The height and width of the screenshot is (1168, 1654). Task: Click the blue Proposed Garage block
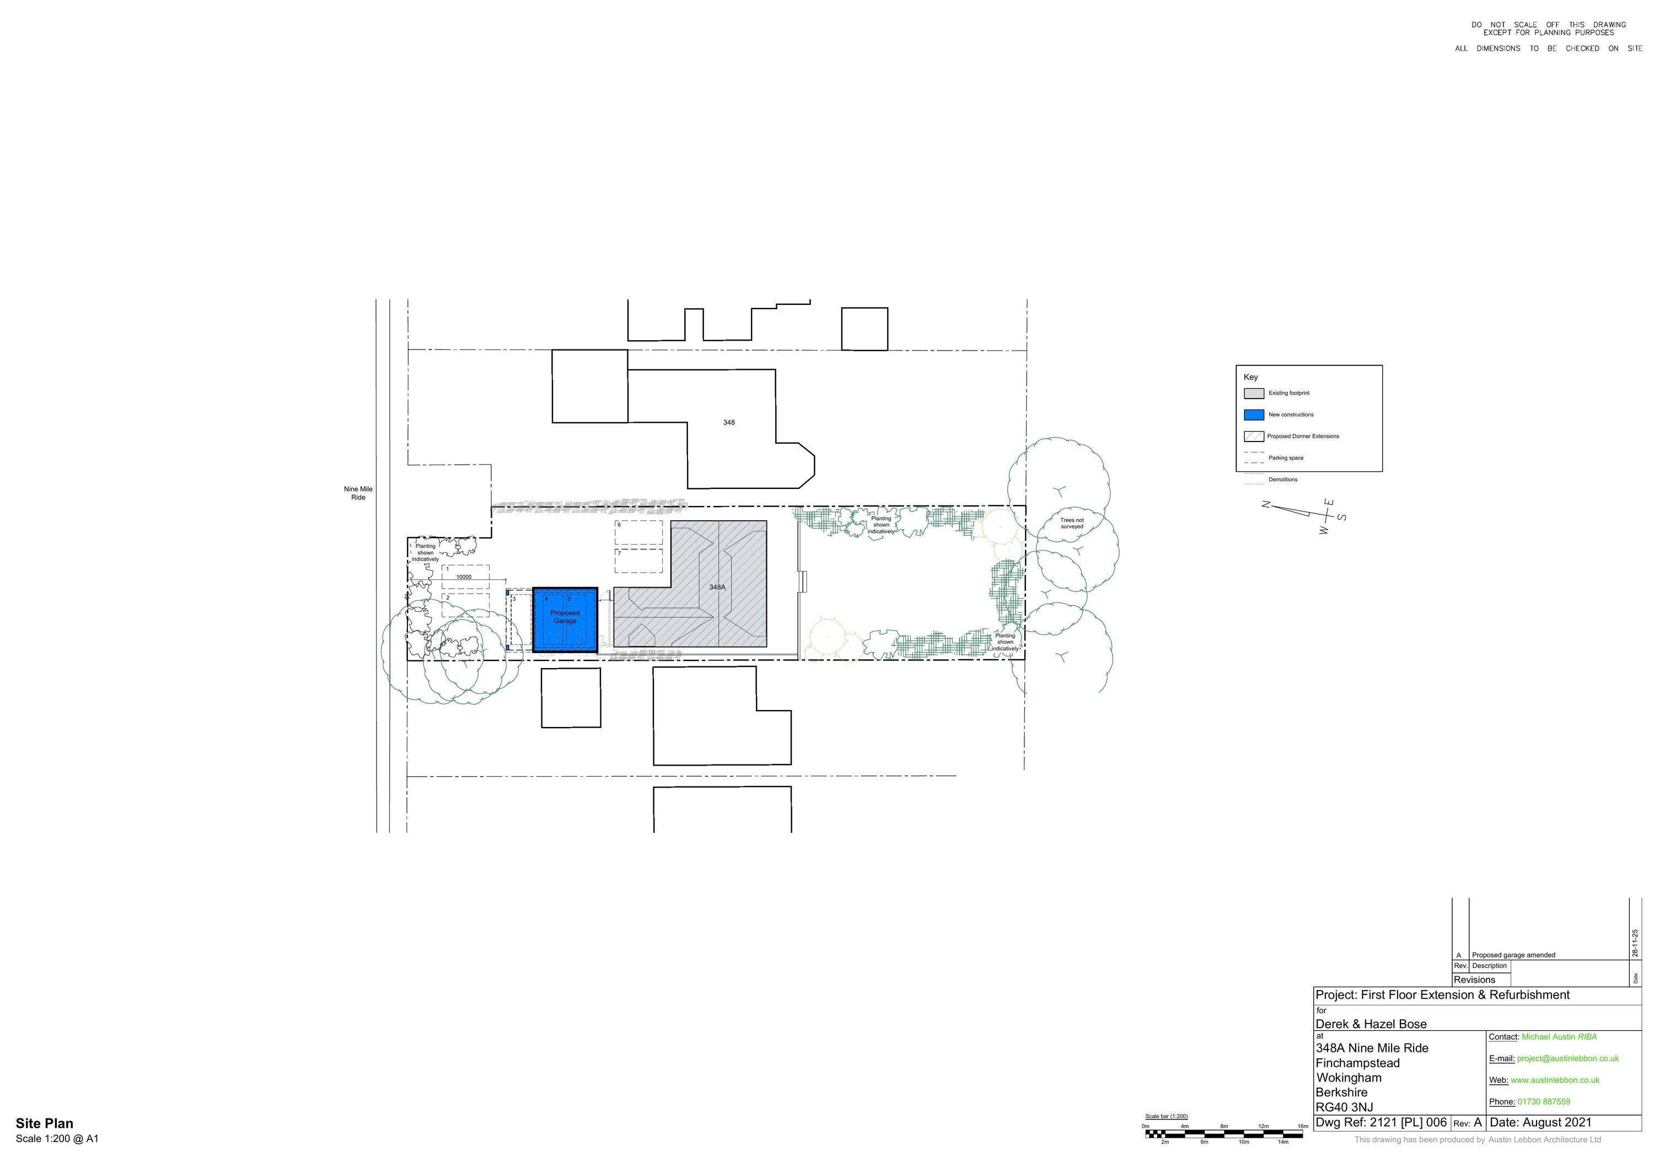565,620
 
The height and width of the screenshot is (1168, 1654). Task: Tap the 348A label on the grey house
717,588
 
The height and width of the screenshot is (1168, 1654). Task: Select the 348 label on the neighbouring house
729,423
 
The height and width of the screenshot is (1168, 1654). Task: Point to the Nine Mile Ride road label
358,493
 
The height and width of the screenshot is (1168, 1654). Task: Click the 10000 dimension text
464,577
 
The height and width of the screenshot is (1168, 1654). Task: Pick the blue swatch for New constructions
1254,415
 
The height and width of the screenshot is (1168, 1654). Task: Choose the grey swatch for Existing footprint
1254,393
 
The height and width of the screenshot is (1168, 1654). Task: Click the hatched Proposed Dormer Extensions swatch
1254,437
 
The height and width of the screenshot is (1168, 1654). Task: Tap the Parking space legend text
1286,458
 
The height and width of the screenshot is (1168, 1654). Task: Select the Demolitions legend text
1283,480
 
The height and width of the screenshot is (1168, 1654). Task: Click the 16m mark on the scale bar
1302,1126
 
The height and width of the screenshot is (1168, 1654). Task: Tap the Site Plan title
45,1123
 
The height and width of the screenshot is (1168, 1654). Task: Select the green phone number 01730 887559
1544,1102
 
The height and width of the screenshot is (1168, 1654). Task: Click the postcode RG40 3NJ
1344,1107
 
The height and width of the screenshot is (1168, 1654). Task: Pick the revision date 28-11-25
1635,943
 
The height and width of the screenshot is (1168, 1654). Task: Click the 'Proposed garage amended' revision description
1513,955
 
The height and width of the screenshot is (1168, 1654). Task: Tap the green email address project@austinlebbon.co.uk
1567,1058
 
